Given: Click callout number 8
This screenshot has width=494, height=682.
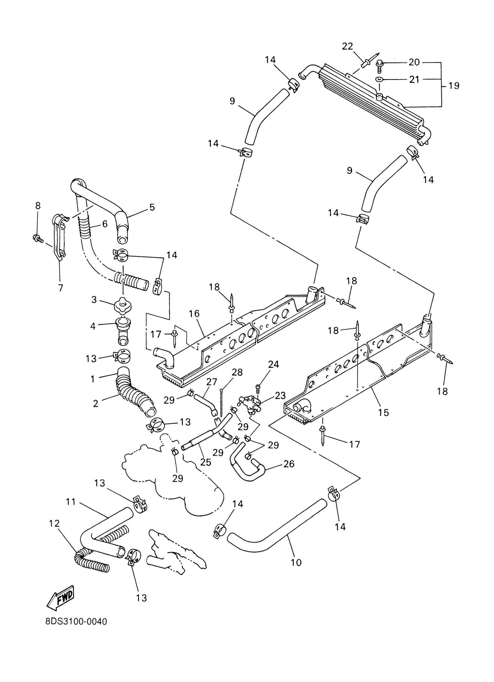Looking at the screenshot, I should pos(37,206).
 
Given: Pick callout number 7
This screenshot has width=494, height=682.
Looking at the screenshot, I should pos(61,288).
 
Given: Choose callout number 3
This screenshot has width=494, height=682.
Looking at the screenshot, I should pos(94,300).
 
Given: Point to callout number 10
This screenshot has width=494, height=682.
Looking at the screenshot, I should pos(296,562).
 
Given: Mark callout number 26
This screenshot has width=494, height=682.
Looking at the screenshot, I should pos(289,464).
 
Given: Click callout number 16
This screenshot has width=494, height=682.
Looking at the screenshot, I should pos(194,314).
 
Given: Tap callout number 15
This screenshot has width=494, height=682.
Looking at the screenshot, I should pos(384,412).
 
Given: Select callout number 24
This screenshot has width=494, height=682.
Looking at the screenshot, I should pos(273,364).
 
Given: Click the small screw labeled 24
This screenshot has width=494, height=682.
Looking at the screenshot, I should pos(258,387).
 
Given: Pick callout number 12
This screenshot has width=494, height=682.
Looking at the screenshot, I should pos(54,523).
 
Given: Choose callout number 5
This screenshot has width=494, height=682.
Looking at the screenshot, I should pos(152,207).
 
